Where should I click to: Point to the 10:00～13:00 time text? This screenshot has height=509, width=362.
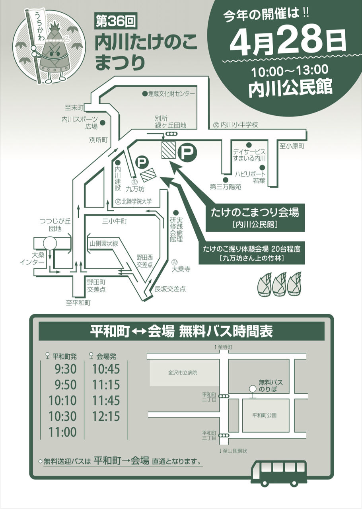pos(290,71)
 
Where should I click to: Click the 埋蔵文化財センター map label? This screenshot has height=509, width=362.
pos(171,94)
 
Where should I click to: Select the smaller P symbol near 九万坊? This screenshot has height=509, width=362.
pos(142,162)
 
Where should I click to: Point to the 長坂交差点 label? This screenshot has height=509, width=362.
pos(170,289)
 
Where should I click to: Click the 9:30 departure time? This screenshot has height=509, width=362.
pos(66,369)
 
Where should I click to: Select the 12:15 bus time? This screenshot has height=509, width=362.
pos(106,416)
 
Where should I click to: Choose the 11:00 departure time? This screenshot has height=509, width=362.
pos(62,431)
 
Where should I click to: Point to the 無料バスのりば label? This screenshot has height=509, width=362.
pos(271,385)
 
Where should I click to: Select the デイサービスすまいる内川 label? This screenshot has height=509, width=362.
pos(249,155)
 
